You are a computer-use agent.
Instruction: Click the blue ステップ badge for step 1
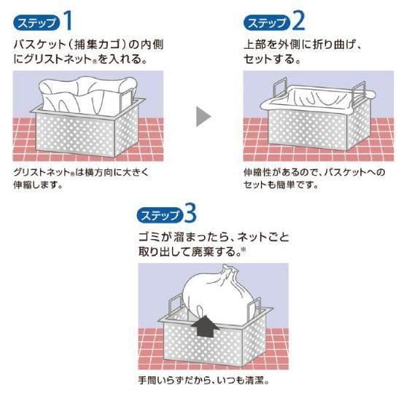[x=36, y=23]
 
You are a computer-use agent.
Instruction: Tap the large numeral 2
[x=298, y=21]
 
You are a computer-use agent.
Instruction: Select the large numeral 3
[x=190, y=214]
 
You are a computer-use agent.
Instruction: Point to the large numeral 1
[x=68, y=20]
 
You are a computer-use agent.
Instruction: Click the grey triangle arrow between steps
[x=203, y=117]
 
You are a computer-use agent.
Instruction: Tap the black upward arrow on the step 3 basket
[x=205, y=327]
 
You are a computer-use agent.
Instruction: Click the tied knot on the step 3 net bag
[x=228, y=272]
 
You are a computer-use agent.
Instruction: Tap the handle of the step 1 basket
[x=127, y=98]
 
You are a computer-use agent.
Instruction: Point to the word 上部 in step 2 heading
[x=255, y=44]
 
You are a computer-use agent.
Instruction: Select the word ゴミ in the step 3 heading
[x=149, y=238]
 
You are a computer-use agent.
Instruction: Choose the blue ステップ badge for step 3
[x=160, y=215]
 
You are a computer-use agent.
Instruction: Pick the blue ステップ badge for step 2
[x=267, y=23]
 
